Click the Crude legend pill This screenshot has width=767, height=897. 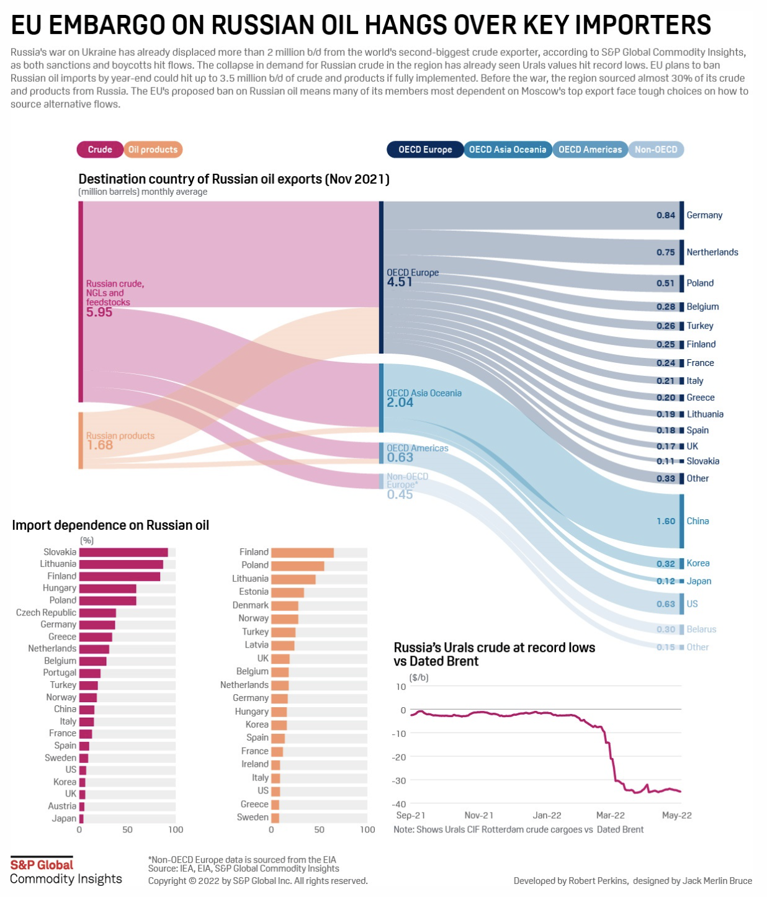coord(99,149)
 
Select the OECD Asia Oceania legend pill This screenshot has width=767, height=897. coord(507,149)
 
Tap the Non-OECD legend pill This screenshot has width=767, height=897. coord(655,149)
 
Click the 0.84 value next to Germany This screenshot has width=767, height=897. coord(665,215)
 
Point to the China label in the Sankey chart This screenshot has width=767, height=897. coord(697,521)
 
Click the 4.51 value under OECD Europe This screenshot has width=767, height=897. coord(400,282)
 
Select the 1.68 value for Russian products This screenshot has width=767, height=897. coord(99,445)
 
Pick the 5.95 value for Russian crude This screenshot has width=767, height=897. coord(99,312)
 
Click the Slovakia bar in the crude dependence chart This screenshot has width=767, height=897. coord(123,552)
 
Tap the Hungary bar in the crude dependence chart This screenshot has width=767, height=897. coord(107,588)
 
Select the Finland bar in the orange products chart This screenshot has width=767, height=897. coord(302,552)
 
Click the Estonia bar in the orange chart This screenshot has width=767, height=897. coord(287,592)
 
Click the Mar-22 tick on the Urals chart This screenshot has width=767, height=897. coord(611,815)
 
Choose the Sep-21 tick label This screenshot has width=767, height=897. coord(410,815)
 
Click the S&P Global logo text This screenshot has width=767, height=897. coord(42,865)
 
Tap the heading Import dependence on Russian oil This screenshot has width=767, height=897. coord(110,525)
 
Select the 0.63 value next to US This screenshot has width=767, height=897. coord(665,604)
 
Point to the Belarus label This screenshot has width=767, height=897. coord(701,629)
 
